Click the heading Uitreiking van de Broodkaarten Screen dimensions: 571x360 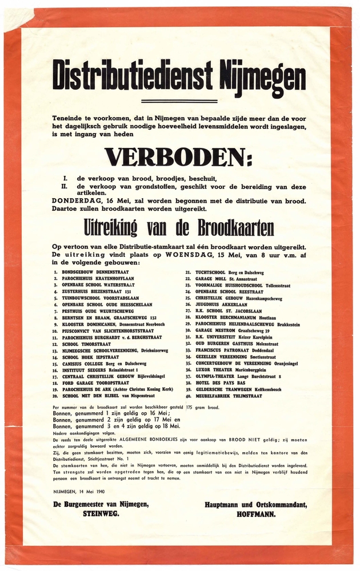click(x=178, y=228)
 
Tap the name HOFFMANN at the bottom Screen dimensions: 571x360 click(x=256, y=513)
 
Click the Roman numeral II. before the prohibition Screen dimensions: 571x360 click(x=65, y=187)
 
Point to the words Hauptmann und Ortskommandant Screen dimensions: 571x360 click(x=256, y=504)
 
